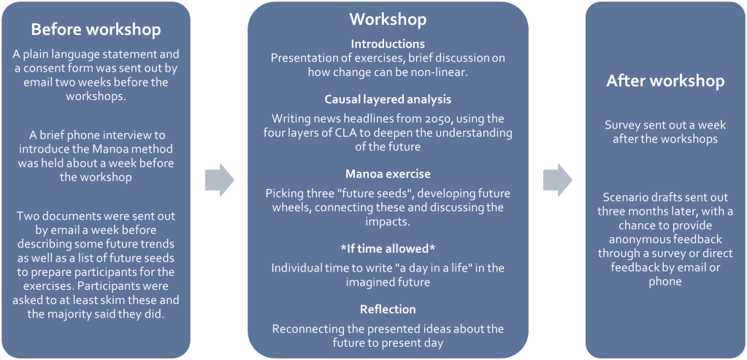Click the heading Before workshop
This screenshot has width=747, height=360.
[96, 29]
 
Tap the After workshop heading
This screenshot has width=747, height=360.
[665, 81]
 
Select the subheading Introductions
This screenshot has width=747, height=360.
[388, 45]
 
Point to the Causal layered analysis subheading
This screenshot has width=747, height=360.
[388, 99]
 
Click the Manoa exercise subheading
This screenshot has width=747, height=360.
[388, 174]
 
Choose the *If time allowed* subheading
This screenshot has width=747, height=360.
[388, 248]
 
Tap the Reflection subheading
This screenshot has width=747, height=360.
[388, 309]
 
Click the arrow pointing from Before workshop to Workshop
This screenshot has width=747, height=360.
[220, 180]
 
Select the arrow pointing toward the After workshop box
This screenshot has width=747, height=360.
[558, 180]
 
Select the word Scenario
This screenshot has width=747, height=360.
[624, 197]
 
